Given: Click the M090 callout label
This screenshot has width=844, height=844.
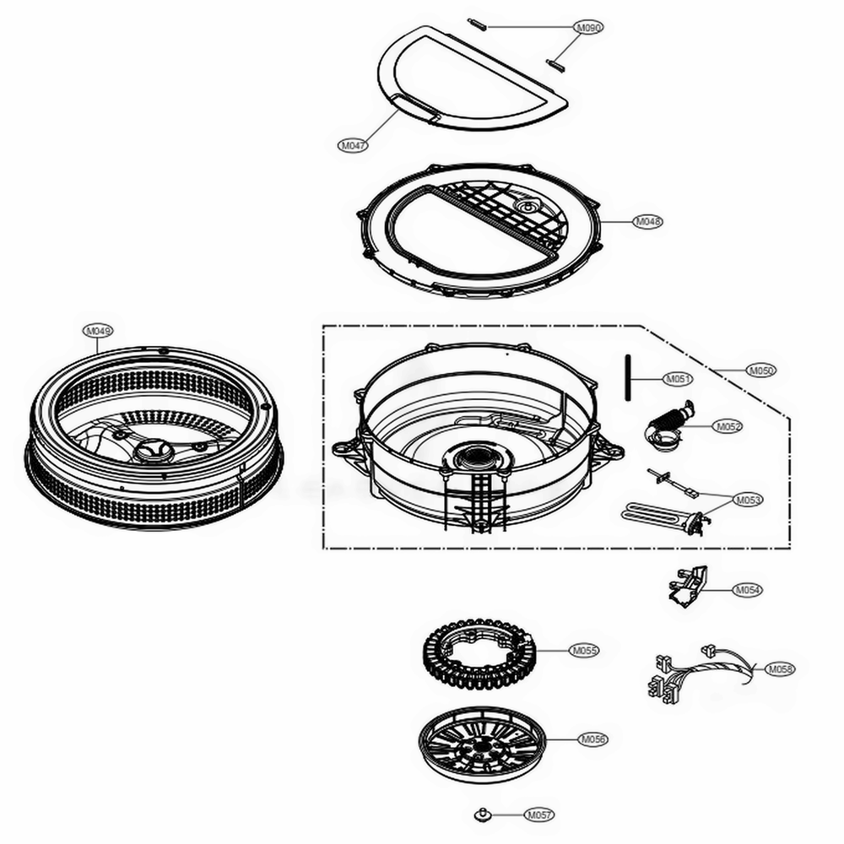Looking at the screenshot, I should tap(589, 28).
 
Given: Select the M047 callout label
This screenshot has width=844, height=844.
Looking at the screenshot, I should tap(353, 145).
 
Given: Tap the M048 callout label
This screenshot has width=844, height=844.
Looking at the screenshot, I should tap(648, 221).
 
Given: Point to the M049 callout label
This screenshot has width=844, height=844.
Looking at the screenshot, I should tap(97, 331).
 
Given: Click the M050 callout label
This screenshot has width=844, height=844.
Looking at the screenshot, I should tap(760, 370).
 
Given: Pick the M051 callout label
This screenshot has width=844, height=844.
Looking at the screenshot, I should tap(678, 379).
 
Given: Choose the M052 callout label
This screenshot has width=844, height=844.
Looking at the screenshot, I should tap(728, 427).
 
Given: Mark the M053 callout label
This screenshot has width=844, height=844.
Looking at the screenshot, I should tap(748, 500).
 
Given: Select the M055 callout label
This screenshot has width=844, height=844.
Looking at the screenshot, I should tap(584, 651).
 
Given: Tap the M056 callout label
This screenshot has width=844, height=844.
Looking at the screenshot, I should tap(593, 739).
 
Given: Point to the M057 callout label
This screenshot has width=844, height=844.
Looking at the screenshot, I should tap(538, 814).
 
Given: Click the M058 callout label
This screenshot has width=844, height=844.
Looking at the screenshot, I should tap(781, 669).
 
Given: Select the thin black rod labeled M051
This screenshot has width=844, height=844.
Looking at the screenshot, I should tap(629, 380).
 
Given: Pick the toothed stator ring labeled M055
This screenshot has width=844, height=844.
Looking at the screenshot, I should tap(477, 654).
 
